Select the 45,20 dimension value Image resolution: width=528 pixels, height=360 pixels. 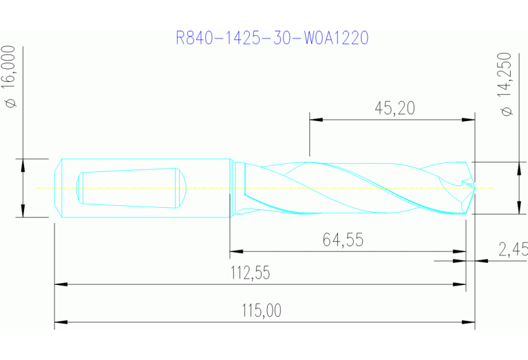coord(394,108)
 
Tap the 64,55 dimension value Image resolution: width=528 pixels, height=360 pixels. coord(343,240)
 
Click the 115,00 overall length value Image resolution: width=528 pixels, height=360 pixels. coord(261,310)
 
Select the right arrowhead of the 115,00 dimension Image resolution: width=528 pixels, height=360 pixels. coord(470,321)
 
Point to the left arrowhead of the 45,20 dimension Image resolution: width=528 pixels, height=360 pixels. coord(315,119)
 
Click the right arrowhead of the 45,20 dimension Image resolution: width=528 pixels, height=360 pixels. coord(470,119)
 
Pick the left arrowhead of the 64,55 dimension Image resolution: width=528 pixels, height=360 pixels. coord(235,252)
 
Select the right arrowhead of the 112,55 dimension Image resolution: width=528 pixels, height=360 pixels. coord(462,284)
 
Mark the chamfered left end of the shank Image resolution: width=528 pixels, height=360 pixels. coord(57,187)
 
